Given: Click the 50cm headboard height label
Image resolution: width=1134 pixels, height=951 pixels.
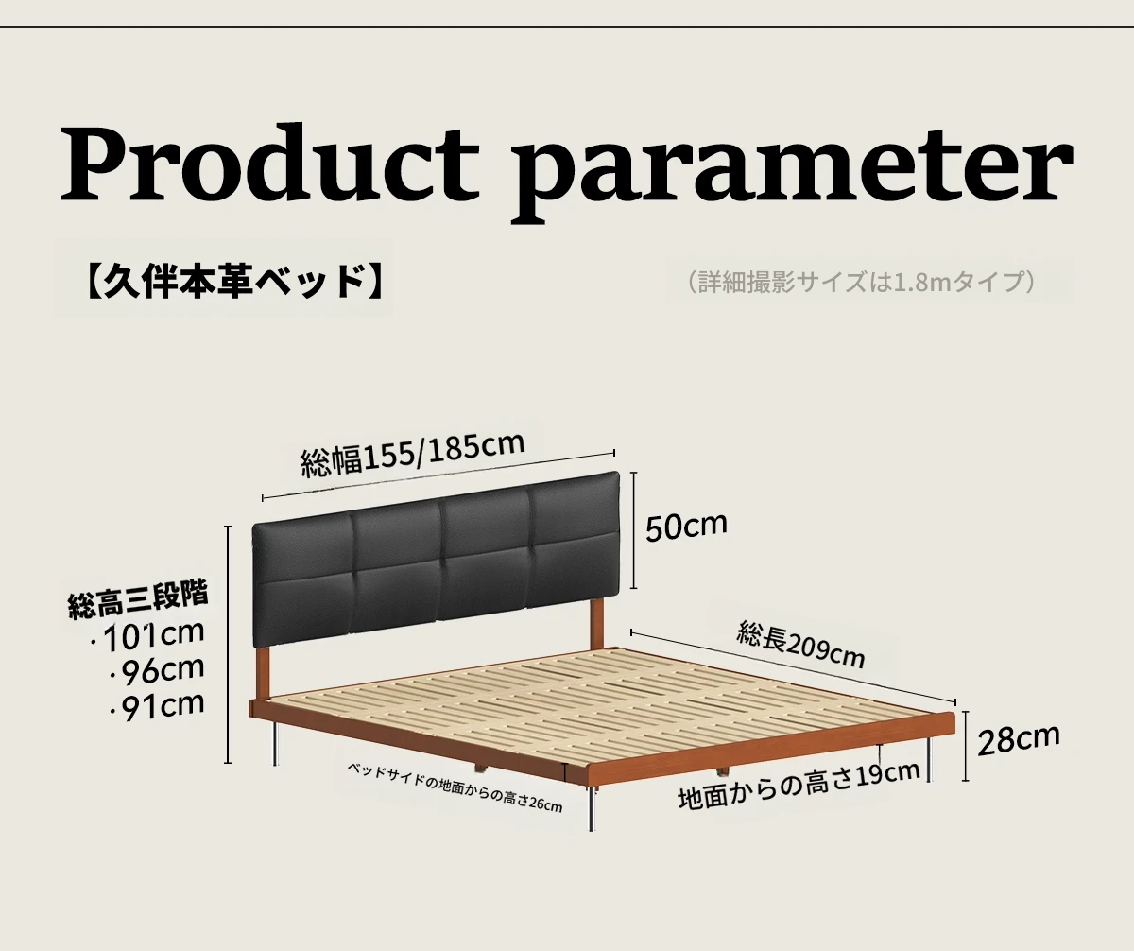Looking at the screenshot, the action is click(x=686, y=526).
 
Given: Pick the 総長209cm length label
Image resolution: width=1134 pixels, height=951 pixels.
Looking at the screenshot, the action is click(x=800, y=646).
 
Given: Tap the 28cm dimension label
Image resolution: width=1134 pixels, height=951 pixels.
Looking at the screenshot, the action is click(x=1019, y=738).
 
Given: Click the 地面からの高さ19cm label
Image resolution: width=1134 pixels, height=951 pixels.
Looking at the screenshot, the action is click(x=799, y=786).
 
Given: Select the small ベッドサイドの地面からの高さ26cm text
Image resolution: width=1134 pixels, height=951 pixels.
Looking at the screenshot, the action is click(x=455, y=787).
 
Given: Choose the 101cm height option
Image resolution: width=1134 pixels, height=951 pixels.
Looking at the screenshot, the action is click(x=148, y=635).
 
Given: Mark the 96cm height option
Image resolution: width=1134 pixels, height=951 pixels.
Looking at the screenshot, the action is click(x=157, y=670).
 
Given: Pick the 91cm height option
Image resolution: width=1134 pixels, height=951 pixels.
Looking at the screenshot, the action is click(x=157, y=706).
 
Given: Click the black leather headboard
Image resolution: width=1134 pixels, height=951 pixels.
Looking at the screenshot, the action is click(x=436, y=559).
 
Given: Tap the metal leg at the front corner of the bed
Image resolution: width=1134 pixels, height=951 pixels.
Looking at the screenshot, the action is click(x=592, y=808).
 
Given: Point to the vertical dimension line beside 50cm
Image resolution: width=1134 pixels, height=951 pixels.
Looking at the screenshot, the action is click(x=633, y=530).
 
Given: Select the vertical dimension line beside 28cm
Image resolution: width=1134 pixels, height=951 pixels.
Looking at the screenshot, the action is click(x=965, y=746).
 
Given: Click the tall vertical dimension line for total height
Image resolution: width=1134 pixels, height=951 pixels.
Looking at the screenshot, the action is click(x=228, y=645).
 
